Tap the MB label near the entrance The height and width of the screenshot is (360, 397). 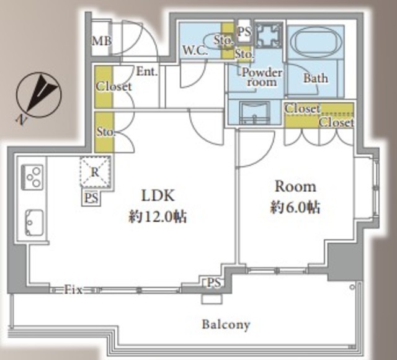coord(102,41)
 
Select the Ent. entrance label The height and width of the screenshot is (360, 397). coord(147,72)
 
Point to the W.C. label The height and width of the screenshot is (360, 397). coord(195,51)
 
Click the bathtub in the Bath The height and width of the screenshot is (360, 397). coord(316,42)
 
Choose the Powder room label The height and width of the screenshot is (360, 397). coord(262,77)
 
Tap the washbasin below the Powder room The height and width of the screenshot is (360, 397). coord(255,113)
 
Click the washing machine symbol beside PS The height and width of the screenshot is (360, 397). coord(269,35)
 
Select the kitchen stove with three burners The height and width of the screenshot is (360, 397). coord(33,177)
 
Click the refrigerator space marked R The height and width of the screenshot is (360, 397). coord(95,172)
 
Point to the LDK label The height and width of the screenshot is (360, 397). coord(158,196)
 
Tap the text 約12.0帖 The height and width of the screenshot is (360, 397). coord(158,217)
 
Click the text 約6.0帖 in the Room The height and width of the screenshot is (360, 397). coord(295,207)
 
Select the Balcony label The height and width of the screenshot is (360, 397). coord(226,325)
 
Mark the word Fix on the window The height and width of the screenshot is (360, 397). coord(73,290)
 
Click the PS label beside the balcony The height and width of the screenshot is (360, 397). coord(214,283)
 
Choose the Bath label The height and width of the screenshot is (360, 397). coord(316,78)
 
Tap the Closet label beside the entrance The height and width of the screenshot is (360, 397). coord(114,87)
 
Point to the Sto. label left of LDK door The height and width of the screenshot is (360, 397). coord(106,132)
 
